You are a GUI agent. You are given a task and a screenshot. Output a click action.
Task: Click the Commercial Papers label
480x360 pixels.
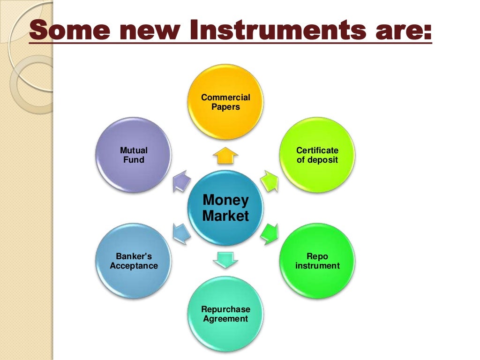pyautogui.click(x=225, y=102)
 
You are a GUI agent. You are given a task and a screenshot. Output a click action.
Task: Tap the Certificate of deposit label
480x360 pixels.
pyautogui.click(x=317, y=155)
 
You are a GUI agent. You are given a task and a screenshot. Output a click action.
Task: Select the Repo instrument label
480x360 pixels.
pyautogui.click(x=317, y=262)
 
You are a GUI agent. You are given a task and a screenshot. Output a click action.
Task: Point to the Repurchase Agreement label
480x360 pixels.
pyautogui.click(x=225, y=314)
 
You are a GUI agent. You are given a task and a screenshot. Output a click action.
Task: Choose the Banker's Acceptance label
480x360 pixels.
pyautogui.click(x=134, y=262)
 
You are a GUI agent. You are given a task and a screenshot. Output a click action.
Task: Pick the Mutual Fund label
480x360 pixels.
pyautogui.click(x=134, y=155)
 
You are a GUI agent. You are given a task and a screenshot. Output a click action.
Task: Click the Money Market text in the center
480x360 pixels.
pyautogui.click(x=225, y=208)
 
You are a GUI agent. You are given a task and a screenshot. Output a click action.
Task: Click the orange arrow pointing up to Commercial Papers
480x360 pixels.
pyautogui.click(x=225, y=156)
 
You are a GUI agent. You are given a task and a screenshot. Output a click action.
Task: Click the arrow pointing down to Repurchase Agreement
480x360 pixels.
pyautogui.click(x=225, y=259)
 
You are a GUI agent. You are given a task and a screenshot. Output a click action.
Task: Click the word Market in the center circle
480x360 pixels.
pyautogui.click(x=225, y=216)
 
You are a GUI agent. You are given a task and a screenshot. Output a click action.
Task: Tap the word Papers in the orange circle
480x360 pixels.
pyautogui.click(x=225, y=107)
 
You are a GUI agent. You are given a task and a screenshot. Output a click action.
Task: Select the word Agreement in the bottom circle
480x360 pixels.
pyautogui.click(x=225, y=319)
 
